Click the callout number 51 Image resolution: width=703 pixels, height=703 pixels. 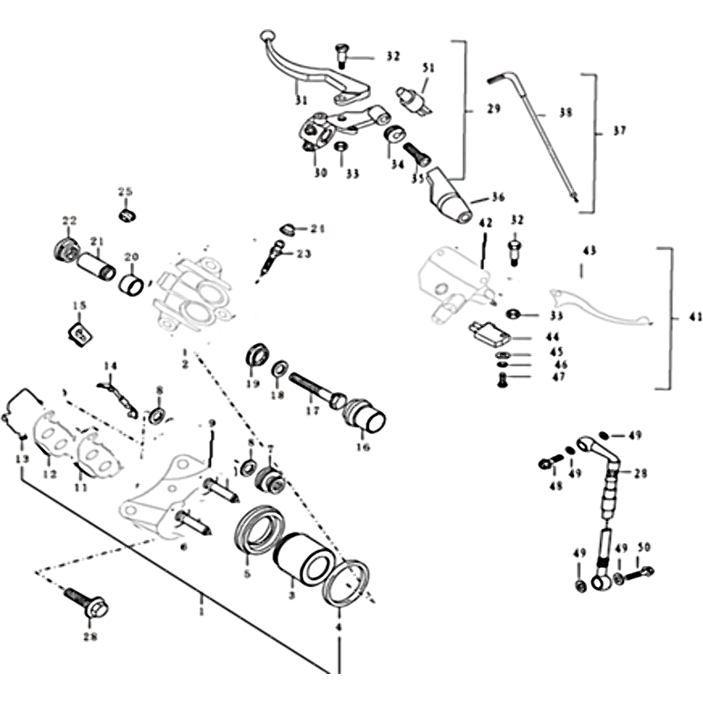[429, 69]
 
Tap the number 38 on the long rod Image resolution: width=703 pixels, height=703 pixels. [565, 114]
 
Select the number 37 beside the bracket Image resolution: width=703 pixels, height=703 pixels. [620, 132]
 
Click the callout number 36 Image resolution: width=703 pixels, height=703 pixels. [498, 197]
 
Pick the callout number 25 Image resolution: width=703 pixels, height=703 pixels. [125, 192]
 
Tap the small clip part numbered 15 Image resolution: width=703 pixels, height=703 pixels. [79, 334]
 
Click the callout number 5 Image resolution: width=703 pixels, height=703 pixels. [247, 573]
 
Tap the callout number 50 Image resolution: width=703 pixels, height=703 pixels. [645, 548]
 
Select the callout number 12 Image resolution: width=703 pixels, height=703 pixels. [49, 475]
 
